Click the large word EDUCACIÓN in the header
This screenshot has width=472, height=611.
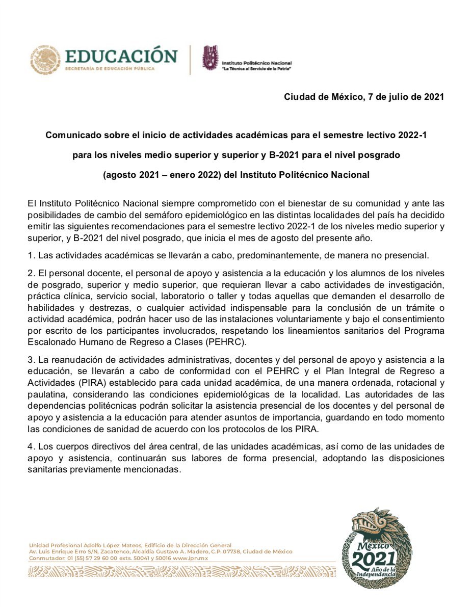coord(121,56)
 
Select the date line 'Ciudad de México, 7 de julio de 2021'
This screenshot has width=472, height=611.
coord(364,97)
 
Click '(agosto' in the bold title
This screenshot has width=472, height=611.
coord(118,175)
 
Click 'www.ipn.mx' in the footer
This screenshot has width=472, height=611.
coord(191,558)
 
